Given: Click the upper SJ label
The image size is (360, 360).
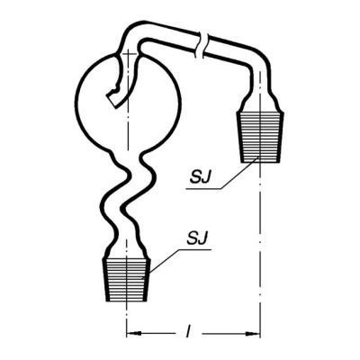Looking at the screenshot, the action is pos(200,177).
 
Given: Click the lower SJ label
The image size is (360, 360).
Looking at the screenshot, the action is pos(197,238).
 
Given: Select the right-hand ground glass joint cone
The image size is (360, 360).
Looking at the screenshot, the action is pos(260,137).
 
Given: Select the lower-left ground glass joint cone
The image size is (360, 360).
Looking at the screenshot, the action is pos(127,279).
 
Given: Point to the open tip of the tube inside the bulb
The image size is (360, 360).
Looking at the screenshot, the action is pos(112,98).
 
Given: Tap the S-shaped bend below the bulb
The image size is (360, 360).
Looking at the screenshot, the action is pos(129,195).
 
